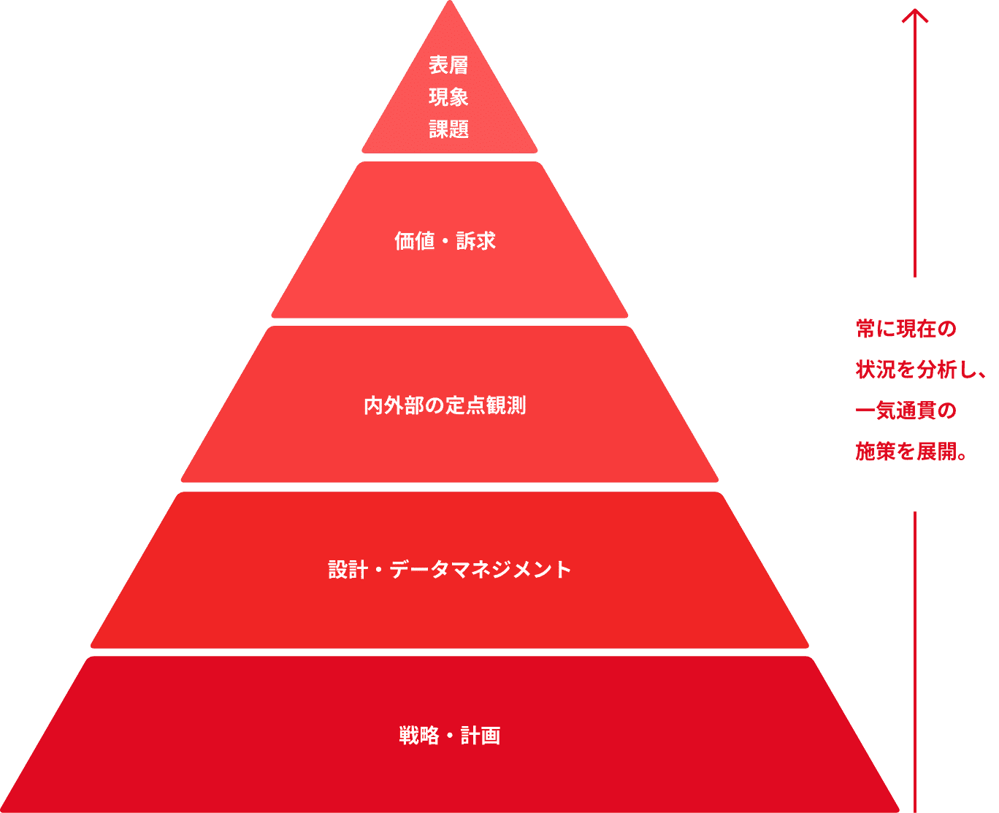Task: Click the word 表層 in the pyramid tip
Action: (x=448, y=65)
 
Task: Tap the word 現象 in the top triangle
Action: (x=448, y=97)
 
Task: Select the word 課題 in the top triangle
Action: (x=448, y=129)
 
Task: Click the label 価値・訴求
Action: (x=445, y=241)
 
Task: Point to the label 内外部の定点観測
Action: (x=445, y=405)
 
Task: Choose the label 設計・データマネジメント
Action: (x=449, y=570)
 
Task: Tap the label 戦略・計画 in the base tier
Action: (x=449, y=735)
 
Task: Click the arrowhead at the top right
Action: (x=914, y=16)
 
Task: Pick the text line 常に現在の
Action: (x=906, y=329)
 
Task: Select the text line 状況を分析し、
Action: (x=921, y=370)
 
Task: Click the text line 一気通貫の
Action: (x=906, y=411)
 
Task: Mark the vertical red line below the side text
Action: (x=914, y=662)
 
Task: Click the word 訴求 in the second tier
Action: (x=475, y=241)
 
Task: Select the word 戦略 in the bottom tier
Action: (x=419, y=735)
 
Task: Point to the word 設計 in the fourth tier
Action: (x=348, y=570)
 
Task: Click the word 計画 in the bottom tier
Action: (x=481, y=735)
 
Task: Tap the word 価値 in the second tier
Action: (x=414, y=241)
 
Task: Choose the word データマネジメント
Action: (x=481, y=570)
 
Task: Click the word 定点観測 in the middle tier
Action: (x=486, y=405)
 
